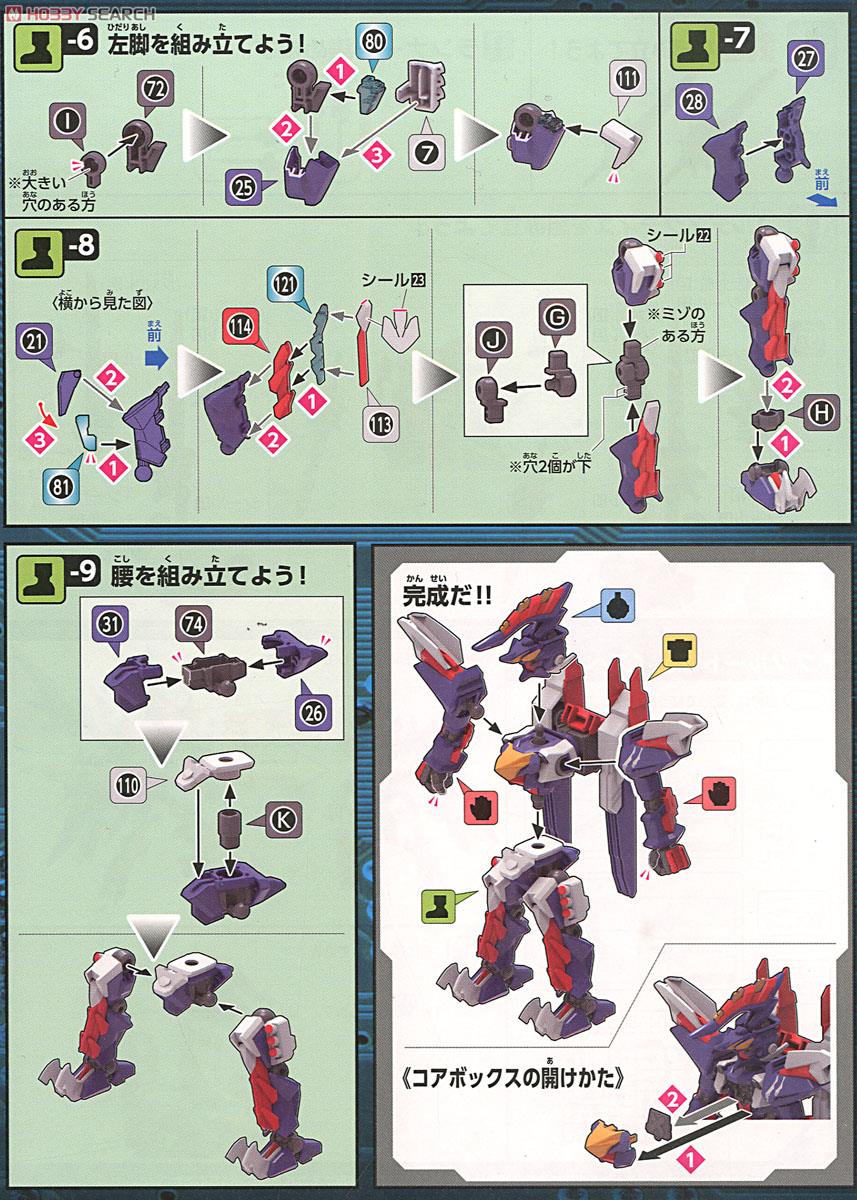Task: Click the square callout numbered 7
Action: pos(428,154)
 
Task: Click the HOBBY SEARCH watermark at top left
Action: pos(80,12)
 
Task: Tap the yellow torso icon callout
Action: pos(682,655)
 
